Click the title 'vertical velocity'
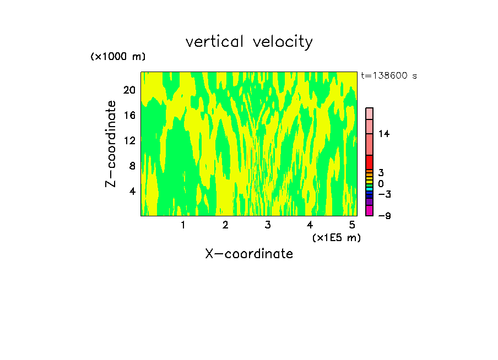(249, 42)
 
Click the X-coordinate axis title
(249, 254)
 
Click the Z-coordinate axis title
(111, 144)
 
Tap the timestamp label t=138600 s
(389, 76)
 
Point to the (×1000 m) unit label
(118, 57)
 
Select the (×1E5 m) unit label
(336, 238)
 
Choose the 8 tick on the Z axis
(132, 166)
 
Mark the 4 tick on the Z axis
(132, 191)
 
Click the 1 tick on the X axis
(183, 225)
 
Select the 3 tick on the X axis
(268, 225)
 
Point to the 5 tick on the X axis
(352, 225)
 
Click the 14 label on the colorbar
(383, 134)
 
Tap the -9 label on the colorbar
(384, 216)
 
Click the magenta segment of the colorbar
(369, 211)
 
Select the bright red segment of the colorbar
(369, 162)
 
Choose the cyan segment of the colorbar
(369, 189)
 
